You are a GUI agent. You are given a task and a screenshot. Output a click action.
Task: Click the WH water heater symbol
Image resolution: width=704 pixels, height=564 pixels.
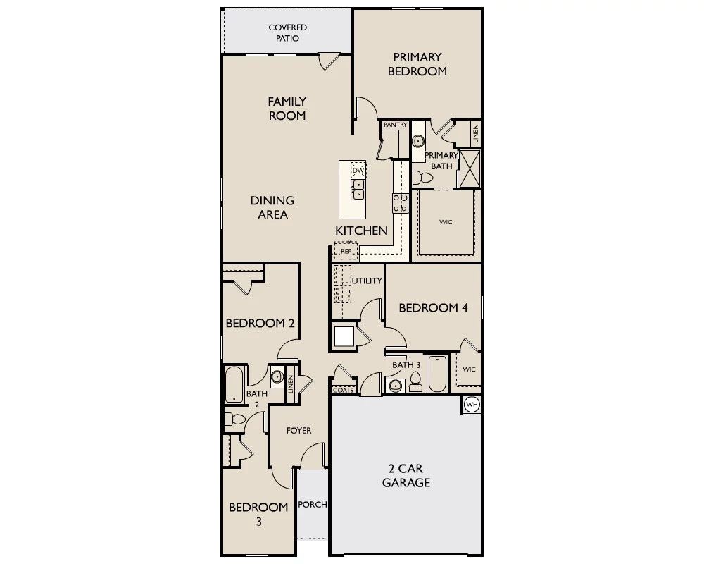pyautogui.click(x=472, y=405)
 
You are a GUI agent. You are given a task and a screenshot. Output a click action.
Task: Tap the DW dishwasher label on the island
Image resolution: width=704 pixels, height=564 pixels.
pyautogui.click(x=358, y=171)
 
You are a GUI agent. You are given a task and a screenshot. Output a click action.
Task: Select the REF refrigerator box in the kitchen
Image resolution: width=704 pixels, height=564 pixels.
pyautogui.click(x=346, y=251)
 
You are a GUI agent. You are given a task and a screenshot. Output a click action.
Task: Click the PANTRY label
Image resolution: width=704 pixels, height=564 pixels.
pyautogui.click(x=395, y=125)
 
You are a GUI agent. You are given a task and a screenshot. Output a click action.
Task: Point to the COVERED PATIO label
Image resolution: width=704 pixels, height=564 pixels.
pyautogui.click(x=287, y=33)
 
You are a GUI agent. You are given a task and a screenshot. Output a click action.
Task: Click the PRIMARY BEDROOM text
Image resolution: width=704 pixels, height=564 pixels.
pyautogui.click(x=417, y=64)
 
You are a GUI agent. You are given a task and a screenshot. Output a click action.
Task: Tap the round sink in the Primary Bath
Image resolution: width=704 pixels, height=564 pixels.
pyautogui.click(x=418, y=141)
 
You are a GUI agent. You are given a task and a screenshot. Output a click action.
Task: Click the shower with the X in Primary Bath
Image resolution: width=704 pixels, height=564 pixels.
pyautogui.click(x=470, y=169)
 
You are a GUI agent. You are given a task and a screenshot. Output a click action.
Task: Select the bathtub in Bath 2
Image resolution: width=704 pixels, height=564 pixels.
pyautogui.click(x=234, y=384)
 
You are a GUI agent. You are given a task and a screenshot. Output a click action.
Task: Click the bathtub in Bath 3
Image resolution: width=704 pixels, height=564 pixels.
pyautogui.click(x=437, y=374)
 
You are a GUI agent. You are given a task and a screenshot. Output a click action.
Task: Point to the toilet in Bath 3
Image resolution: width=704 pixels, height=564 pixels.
pyautogui.click(x=416, y=382)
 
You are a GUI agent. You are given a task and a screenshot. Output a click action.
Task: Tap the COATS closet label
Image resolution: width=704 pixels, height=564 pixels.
pyautogui.click(x=344, y=390)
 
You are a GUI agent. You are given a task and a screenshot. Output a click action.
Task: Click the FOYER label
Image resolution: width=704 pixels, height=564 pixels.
pyautogui.click(x=298, y=431)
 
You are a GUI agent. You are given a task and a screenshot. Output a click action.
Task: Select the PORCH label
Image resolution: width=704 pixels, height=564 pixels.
pyautogui.click(x=313, y=505)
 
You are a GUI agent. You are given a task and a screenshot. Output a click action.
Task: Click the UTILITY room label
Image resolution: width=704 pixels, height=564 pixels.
pyautogui.click(x=367, y=281)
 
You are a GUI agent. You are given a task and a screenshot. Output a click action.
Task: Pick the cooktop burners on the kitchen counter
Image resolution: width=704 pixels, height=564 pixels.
pyautogui.click(x=400, y=203)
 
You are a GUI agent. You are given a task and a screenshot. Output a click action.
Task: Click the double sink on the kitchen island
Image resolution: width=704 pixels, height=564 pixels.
pyautogui.click(x=358, y=190)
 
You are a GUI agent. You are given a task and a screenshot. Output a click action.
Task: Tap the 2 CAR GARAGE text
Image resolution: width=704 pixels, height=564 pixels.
pyautogui.click(x=406, y=475)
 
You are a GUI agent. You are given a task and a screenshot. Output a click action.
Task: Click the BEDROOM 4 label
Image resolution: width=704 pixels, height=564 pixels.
pyautogui.click(x=433, y=307)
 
